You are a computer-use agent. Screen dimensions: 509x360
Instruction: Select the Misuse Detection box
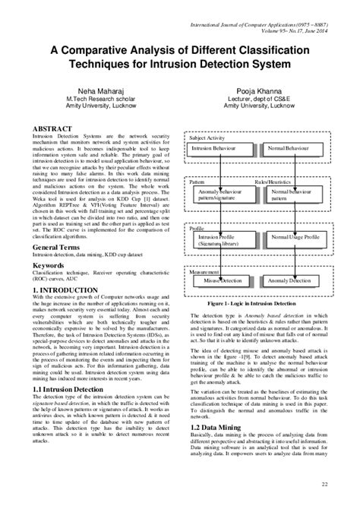tap(221, 280)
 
